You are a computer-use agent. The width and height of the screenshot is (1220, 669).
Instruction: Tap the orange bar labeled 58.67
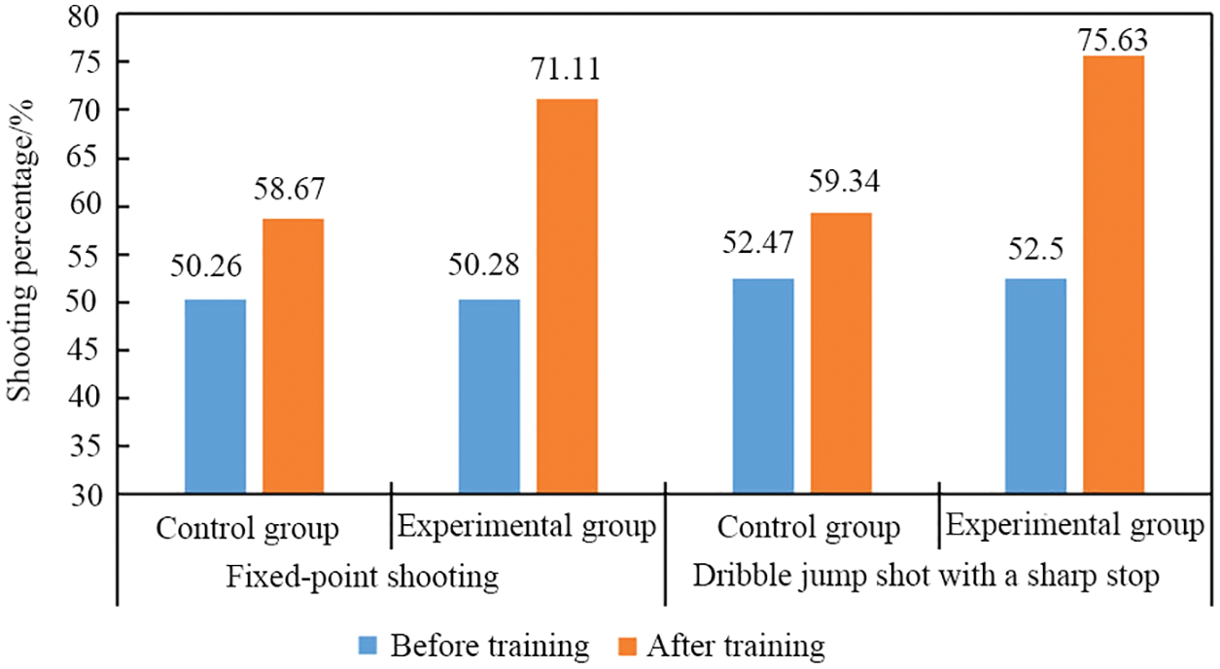pyautogui.click(x=294, y=357)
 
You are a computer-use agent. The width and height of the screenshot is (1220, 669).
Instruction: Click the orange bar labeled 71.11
pyautogui.click(x=568, y=297)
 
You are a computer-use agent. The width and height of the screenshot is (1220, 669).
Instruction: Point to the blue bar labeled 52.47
pyautogui.click(x=763, y=386)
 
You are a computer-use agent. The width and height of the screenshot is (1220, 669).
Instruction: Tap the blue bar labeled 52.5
pyautogui.click(x=1036, y=386)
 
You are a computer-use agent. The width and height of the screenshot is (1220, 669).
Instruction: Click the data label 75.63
pyautogui.click(x=1114, y=41)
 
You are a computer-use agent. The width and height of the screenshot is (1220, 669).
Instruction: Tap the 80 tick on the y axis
pyautogui.click(x=88, y=16)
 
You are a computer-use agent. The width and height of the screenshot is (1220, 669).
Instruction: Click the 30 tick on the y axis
pyautogui.click(x=88, y=495)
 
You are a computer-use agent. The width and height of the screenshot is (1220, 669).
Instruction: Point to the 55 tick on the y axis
pyautogui.click(x=88, y=256)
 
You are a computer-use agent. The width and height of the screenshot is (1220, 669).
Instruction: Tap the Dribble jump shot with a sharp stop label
pyautogui.click(x=927, y=578)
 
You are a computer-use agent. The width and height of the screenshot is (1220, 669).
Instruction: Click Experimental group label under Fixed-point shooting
pyautogui.click(x=527, y=527)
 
